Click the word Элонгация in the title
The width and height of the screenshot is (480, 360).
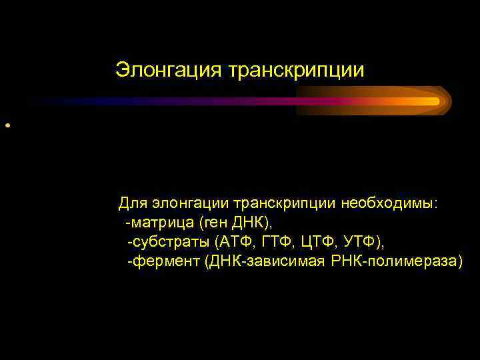(169, 70)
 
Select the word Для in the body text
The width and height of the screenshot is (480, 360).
(132, 202)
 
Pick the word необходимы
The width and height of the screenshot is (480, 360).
(389, 202)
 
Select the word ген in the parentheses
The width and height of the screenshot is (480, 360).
(219, 221)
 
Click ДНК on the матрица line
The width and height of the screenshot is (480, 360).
(250, 221)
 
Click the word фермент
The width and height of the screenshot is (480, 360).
(165, 260)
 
